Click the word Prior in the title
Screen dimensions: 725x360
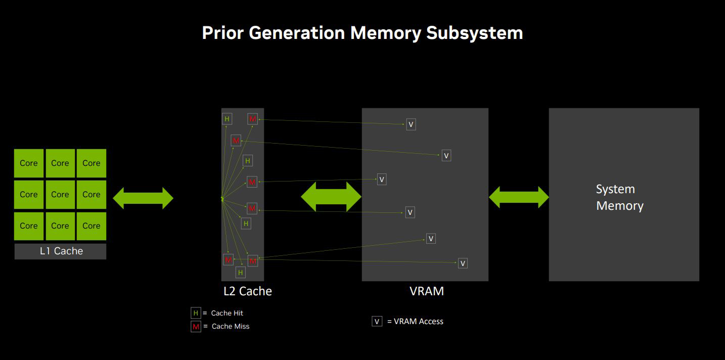[222, 33]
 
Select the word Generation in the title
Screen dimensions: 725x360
[297, 33]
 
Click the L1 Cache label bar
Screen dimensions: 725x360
[60, 251]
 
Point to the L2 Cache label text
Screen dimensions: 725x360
[248, 291]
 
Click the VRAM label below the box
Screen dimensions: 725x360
[427, 291]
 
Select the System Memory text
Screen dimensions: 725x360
[619, 198]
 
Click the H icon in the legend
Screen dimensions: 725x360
[196, 313]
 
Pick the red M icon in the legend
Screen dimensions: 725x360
[196, 326]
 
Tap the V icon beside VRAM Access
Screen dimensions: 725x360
[377, 322]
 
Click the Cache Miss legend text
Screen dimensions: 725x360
[231, 326]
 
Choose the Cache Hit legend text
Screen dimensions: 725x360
[227, 313]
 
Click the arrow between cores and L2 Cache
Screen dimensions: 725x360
[143, 198]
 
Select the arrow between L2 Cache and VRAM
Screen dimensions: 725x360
[331, 197]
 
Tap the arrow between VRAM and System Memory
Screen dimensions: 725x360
[519, 197]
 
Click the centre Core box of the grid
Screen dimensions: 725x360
[60, 195]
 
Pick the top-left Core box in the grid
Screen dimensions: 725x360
[29, 163]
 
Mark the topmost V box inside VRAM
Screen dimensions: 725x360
[411, 124]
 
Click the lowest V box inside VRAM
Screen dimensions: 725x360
[463, 263]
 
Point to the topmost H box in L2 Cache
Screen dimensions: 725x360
[227, 119]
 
